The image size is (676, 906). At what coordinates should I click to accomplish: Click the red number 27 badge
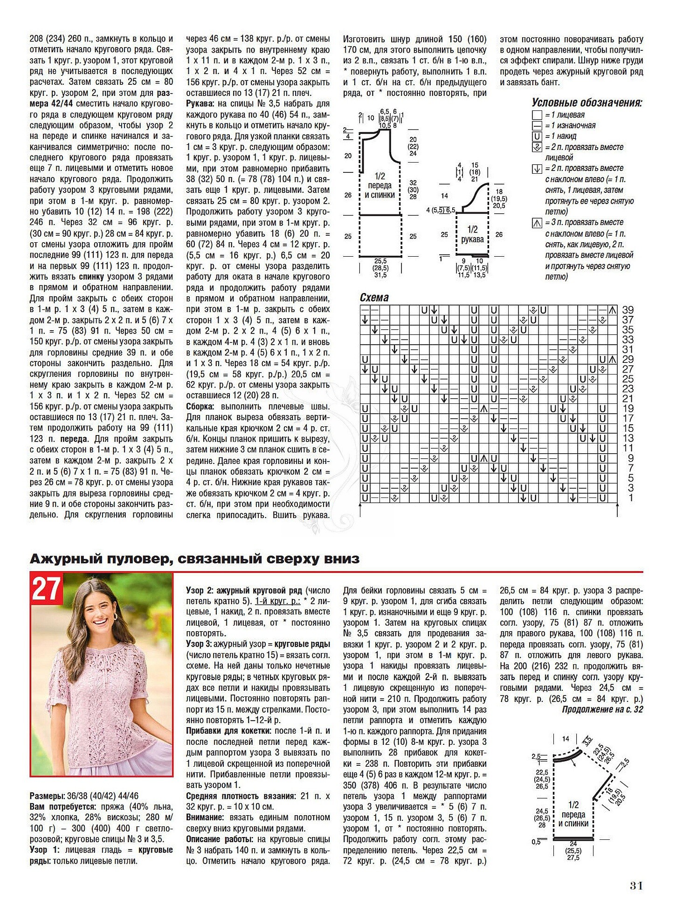47,590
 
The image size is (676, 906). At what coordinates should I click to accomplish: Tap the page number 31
636,886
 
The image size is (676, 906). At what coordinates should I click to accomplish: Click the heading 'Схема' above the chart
374,298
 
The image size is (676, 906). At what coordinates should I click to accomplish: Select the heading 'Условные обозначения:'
586,102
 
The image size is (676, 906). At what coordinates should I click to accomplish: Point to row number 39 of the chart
628,310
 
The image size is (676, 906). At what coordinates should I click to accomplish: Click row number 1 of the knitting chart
630,498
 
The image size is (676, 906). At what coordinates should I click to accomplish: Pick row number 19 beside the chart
628,409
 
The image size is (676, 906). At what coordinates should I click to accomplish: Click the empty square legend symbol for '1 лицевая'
537,115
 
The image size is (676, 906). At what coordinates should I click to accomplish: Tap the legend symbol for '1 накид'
537,136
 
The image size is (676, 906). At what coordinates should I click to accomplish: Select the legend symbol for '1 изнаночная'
537,126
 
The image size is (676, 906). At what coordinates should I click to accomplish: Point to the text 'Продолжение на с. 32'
602,709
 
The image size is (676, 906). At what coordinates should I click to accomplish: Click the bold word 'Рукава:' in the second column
201,103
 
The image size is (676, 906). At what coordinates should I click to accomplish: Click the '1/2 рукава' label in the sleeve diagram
472,234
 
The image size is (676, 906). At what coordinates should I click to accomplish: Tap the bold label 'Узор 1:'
45,850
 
